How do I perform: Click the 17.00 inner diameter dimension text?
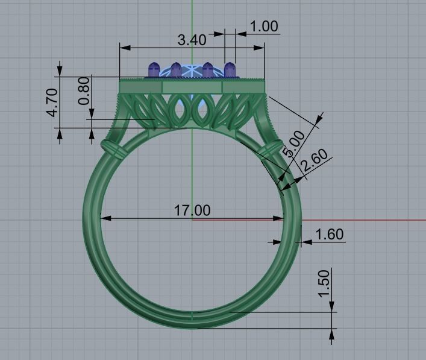192,210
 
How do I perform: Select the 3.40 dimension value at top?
192,40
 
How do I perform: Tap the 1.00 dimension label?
263,26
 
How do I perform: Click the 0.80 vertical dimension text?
84,90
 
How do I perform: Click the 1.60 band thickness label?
330,234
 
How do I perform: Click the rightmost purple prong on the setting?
230,69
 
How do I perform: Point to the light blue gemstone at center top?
192,71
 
